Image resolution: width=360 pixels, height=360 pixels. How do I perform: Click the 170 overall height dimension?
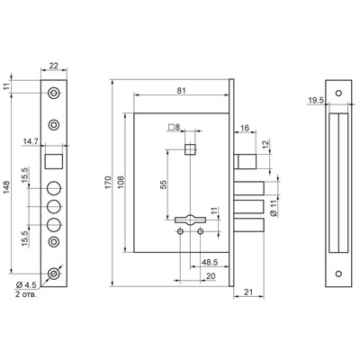coord(108,183)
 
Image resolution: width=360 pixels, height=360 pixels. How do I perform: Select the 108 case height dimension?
coord(121,183)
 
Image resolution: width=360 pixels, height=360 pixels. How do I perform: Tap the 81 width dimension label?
coord(181,91)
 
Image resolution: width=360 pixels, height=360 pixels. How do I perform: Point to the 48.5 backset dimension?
coord(210,262)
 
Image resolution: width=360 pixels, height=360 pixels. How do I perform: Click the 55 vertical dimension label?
coord(164,184)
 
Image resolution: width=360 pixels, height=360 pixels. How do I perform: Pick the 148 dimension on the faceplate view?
coord(6,187)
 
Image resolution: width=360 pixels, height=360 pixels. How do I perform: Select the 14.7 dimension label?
coord(31,141)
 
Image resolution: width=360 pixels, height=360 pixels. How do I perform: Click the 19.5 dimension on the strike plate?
coord(316,100)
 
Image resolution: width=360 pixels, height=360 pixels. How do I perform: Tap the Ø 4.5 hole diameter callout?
coord(26,284)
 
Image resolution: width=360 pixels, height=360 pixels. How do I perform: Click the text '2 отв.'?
coord(26,294)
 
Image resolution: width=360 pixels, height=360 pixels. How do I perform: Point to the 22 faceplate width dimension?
coord(54,66)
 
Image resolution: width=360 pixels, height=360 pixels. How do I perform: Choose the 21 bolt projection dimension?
coord(248,292)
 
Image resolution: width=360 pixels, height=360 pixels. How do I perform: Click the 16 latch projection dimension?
coord(245,128)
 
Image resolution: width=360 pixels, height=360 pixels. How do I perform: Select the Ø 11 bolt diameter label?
coord(274,209)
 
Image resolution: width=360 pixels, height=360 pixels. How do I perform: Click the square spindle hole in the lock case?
coord(190,149)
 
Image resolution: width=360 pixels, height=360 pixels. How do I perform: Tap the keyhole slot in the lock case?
coord(190,220)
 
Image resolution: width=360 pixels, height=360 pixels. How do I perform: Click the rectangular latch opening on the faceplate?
coord(54,161)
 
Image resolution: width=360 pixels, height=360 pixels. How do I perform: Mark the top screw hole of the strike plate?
coord(338,93)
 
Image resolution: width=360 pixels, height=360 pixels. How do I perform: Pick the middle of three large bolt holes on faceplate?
coord(54,206)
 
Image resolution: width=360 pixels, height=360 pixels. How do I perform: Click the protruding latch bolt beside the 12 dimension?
coord(245,161)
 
